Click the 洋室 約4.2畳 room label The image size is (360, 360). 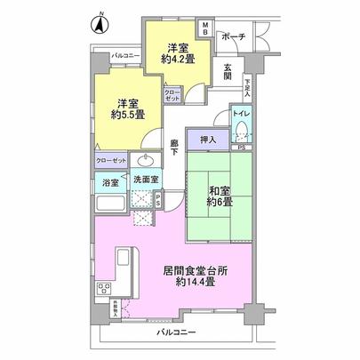pos(178,54)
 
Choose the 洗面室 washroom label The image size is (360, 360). pos(145,180)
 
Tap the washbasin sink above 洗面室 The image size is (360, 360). pos(146,161)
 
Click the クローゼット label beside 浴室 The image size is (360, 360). pos(111,162)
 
